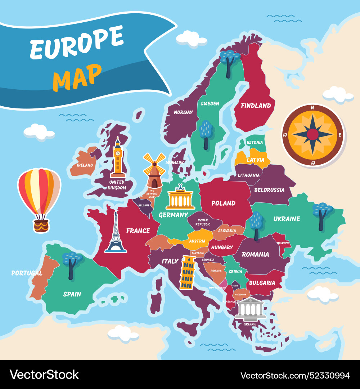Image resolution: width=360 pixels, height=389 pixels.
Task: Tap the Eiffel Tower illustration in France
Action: [116, 232]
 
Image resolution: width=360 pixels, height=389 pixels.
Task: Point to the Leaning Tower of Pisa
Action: [187, 272]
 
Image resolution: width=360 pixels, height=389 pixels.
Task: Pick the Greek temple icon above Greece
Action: [250, 309]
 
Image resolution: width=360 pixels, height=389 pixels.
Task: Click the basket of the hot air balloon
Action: [41, 226]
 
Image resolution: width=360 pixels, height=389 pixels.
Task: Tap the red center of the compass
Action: [312, 135]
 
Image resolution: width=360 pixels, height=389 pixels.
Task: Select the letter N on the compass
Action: [312, 107]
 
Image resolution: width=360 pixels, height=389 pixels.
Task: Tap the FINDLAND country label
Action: [256, 106]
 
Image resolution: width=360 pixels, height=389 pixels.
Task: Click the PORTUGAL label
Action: [27, 273]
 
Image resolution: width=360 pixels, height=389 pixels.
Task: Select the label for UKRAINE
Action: [287, 219]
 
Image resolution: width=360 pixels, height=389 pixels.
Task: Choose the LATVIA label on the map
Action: [256, 160]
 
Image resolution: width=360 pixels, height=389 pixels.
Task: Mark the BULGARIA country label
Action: [262, 283]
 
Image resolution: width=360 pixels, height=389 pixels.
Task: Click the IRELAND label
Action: [85, 165]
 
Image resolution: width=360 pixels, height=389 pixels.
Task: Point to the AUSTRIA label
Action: [197, 241]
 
